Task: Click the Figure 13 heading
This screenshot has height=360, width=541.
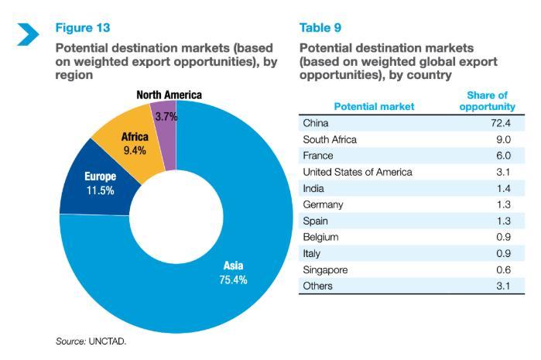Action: (x=82, y=29)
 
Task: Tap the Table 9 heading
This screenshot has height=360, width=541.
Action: (x=321, y=29)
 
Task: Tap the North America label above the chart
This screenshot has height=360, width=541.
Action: (x=169, y=95)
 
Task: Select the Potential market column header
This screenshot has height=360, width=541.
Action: (x=374, y=106)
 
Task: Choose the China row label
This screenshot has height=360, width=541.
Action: (x=317, y=123)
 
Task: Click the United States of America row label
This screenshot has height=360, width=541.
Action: (x=358, y=172)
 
